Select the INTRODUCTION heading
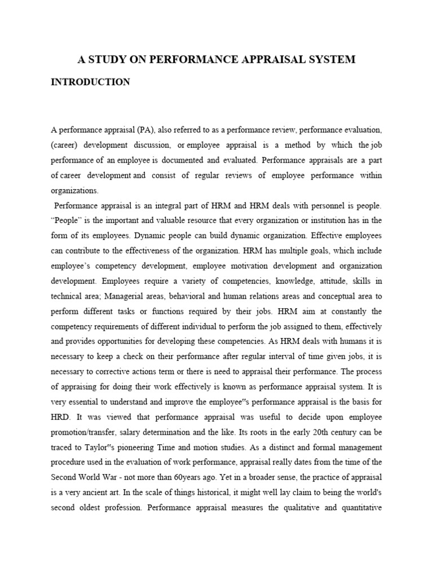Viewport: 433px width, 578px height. (90, 82)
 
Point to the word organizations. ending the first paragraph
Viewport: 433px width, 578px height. (74, 191)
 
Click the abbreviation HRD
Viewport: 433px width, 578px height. (60, 417)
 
